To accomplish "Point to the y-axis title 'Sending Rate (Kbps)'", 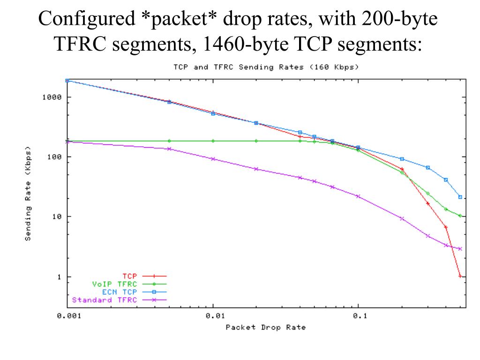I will coord(28,195).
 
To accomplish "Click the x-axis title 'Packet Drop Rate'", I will coord(265,327).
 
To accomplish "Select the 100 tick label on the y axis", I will coord(54,157).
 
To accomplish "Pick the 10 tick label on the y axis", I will coord(56,217).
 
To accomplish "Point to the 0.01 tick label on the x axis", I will coord(213,315).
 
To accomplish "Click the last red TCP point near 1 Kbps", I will coord(460,277).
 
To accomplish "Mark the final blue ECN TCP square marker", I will coord(460,197).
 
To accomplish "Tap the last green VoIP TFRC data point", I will coord(460,216).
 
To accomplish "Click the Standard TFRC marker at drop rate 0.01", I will coord(213,159).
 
